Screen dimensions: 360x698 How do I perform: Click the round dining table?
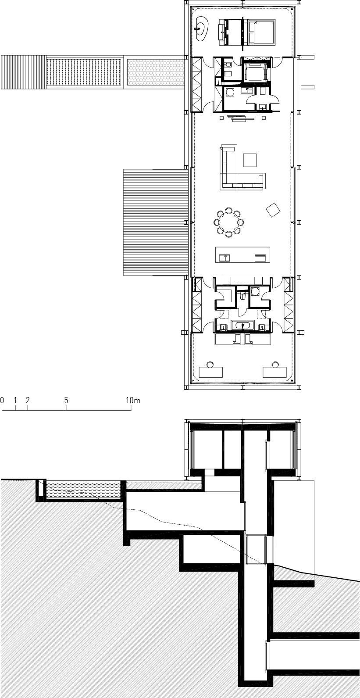tap(229, 222)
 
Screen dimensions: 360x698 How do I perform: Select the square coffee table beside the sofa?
tap(250, 160)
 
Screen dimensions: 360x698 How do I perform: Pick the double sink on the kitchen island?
tap(224, 258)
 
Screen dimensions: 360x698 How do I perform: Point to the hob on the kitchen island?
tap(260, 258)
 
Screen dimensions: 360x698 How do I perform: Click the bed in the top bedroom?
tap(260, 32)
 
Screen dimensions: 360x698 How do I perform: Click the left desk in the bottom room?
tap(211, 372)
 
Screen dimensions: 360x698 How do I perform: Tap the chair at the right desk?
tap(274, 364)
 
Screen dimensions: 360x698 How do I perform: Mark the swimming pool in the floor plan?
tap(84, 72)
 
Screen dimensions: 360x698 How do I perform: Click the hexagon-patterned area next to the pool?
tap(156, 72)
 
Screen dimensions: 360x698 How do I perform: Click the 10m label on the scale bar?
tap(133, 401)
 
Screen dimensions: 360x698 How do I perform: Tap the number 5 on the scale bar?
tap(66, 401)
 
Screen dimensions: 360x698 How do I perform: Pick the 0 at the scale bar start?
tap(2, 401)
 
